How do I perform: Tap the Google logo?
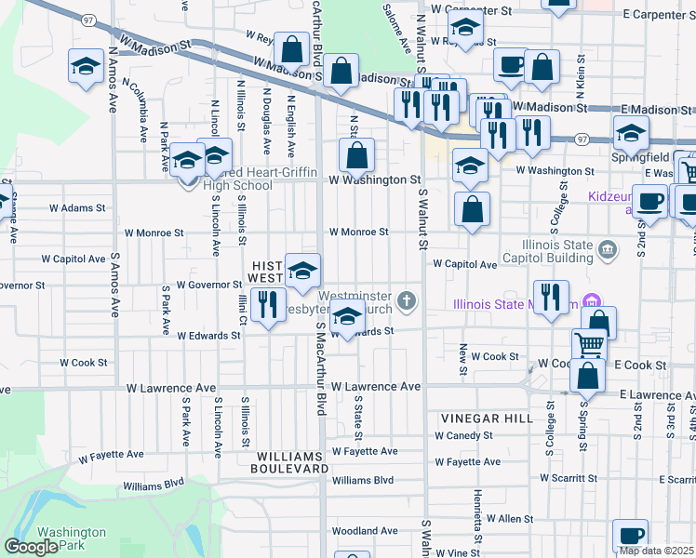point(31,548)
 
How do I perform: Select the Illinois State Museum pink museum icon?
point(588,302)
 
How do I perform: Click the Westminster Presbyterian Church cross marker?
point(406,300)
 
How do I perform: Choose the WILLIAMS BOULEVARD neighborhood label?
point(289,462)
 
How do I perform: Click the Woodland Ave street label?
point(365,531)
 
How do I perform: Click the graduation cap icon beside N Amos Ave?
point(87,67)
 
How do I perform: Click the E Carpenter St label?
point(660,15)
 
